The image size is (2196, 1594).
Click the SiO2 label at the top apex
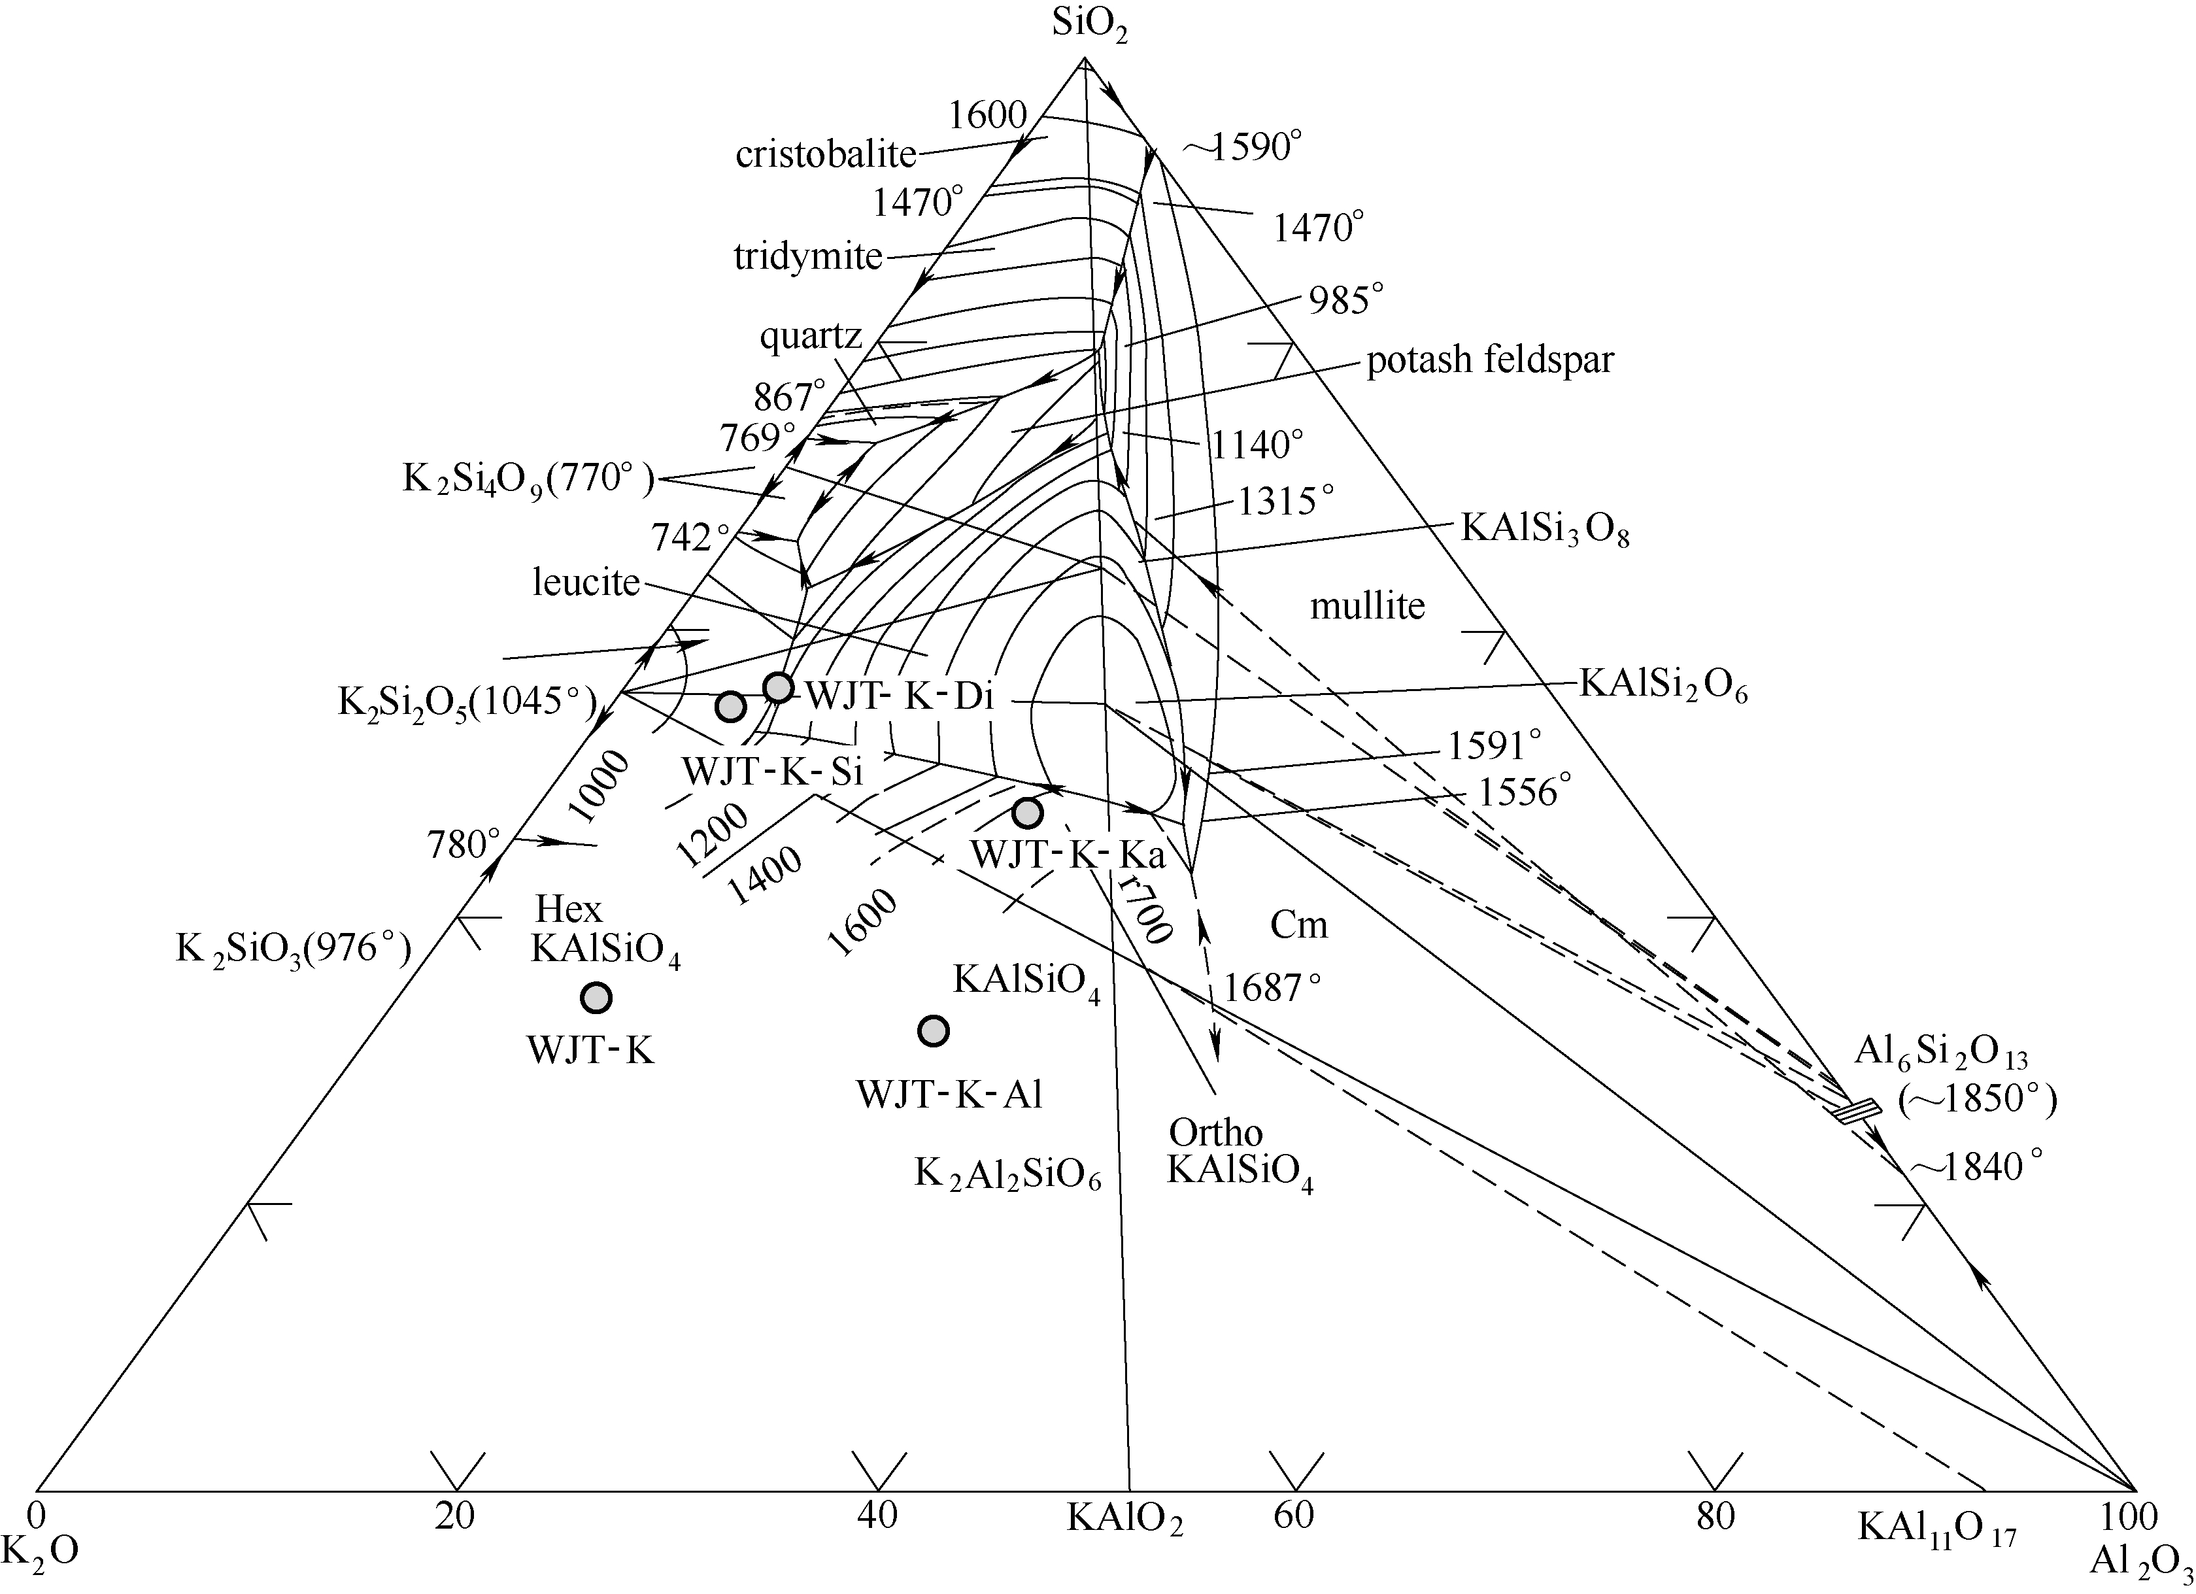1090,26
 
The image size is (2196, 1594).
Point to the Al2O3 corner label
2140,1562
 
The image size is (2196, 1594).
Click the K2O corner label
40,1550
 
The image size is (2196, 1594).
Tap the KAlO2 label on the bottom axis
1125,1518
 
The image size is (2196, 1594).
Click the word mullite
1367,605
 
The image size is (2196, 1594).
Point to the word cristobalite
826,154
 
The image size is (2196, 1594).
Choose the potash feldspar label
1490,360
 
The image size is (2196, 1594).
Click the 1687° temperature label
1272,988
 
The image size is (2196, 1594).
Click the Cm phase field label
1298,926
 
